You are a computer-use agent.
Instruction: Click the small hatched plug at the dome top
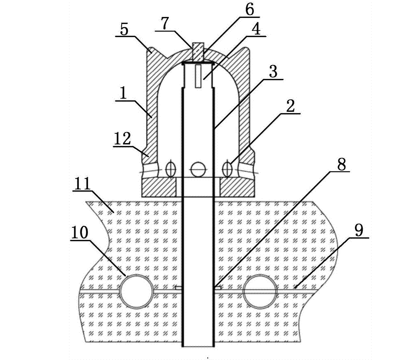coord(197,53)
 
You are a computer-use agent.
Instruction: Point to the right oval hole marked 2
coord(227,168)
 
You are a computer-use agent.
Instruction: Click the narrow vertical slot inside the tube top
coord(197,76)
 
